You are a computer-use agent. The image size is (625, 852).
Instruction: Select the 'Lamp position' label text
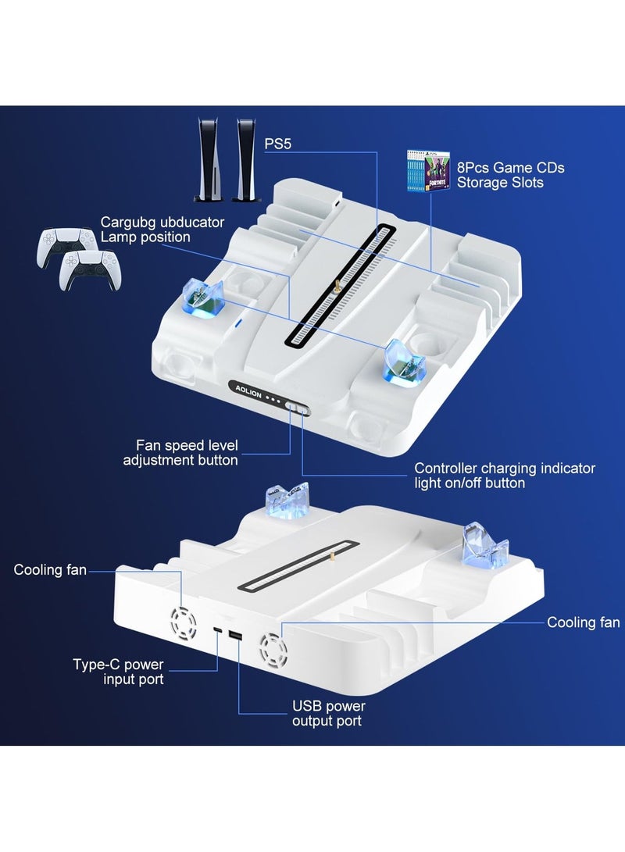145,237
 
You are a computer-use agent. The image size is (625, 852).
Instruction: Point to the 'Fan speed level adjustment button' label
180,453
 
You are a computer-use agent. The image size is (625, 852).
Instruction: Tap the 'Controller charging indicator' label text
504,469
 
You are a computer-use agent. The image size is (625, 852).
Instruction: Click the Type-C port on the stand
219,632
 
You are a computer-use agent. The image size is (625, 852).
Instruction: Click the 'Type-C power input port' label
118,672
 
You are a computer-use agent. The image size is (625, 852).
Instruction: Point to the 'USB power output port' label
328,713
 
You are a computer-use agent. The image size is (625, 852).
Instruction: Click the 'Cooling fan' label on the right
583,622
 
